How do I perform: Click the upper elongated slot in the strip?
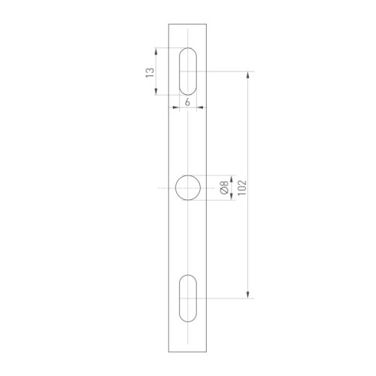[187, 71]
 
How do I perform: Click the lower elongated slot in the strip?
[187, 299]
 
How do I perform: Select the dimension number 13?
[149, 72]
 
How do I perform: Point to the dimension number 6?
[186, 101]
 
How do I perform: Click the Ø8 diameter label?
[224, 187]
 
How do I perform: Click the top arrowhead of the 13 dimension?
[156, 51]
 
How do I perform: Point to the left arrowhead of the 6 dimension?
[174, 108]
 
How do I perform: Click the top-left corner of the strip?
[168, 23]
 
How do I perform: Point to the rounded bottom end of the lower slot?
[187, 321]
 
